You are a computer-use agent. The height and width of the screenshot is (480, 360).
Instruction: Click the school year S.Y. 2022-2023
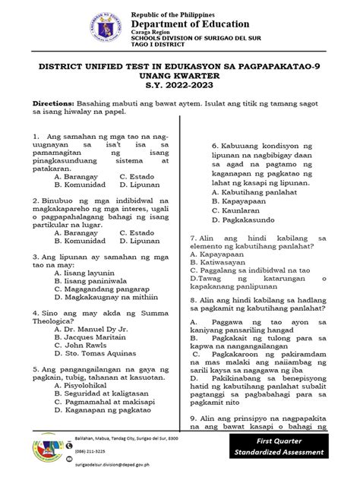coord(179,88)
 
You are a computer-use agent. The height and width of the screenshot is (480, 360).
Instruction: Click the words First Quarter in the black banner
coord(282,441)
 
